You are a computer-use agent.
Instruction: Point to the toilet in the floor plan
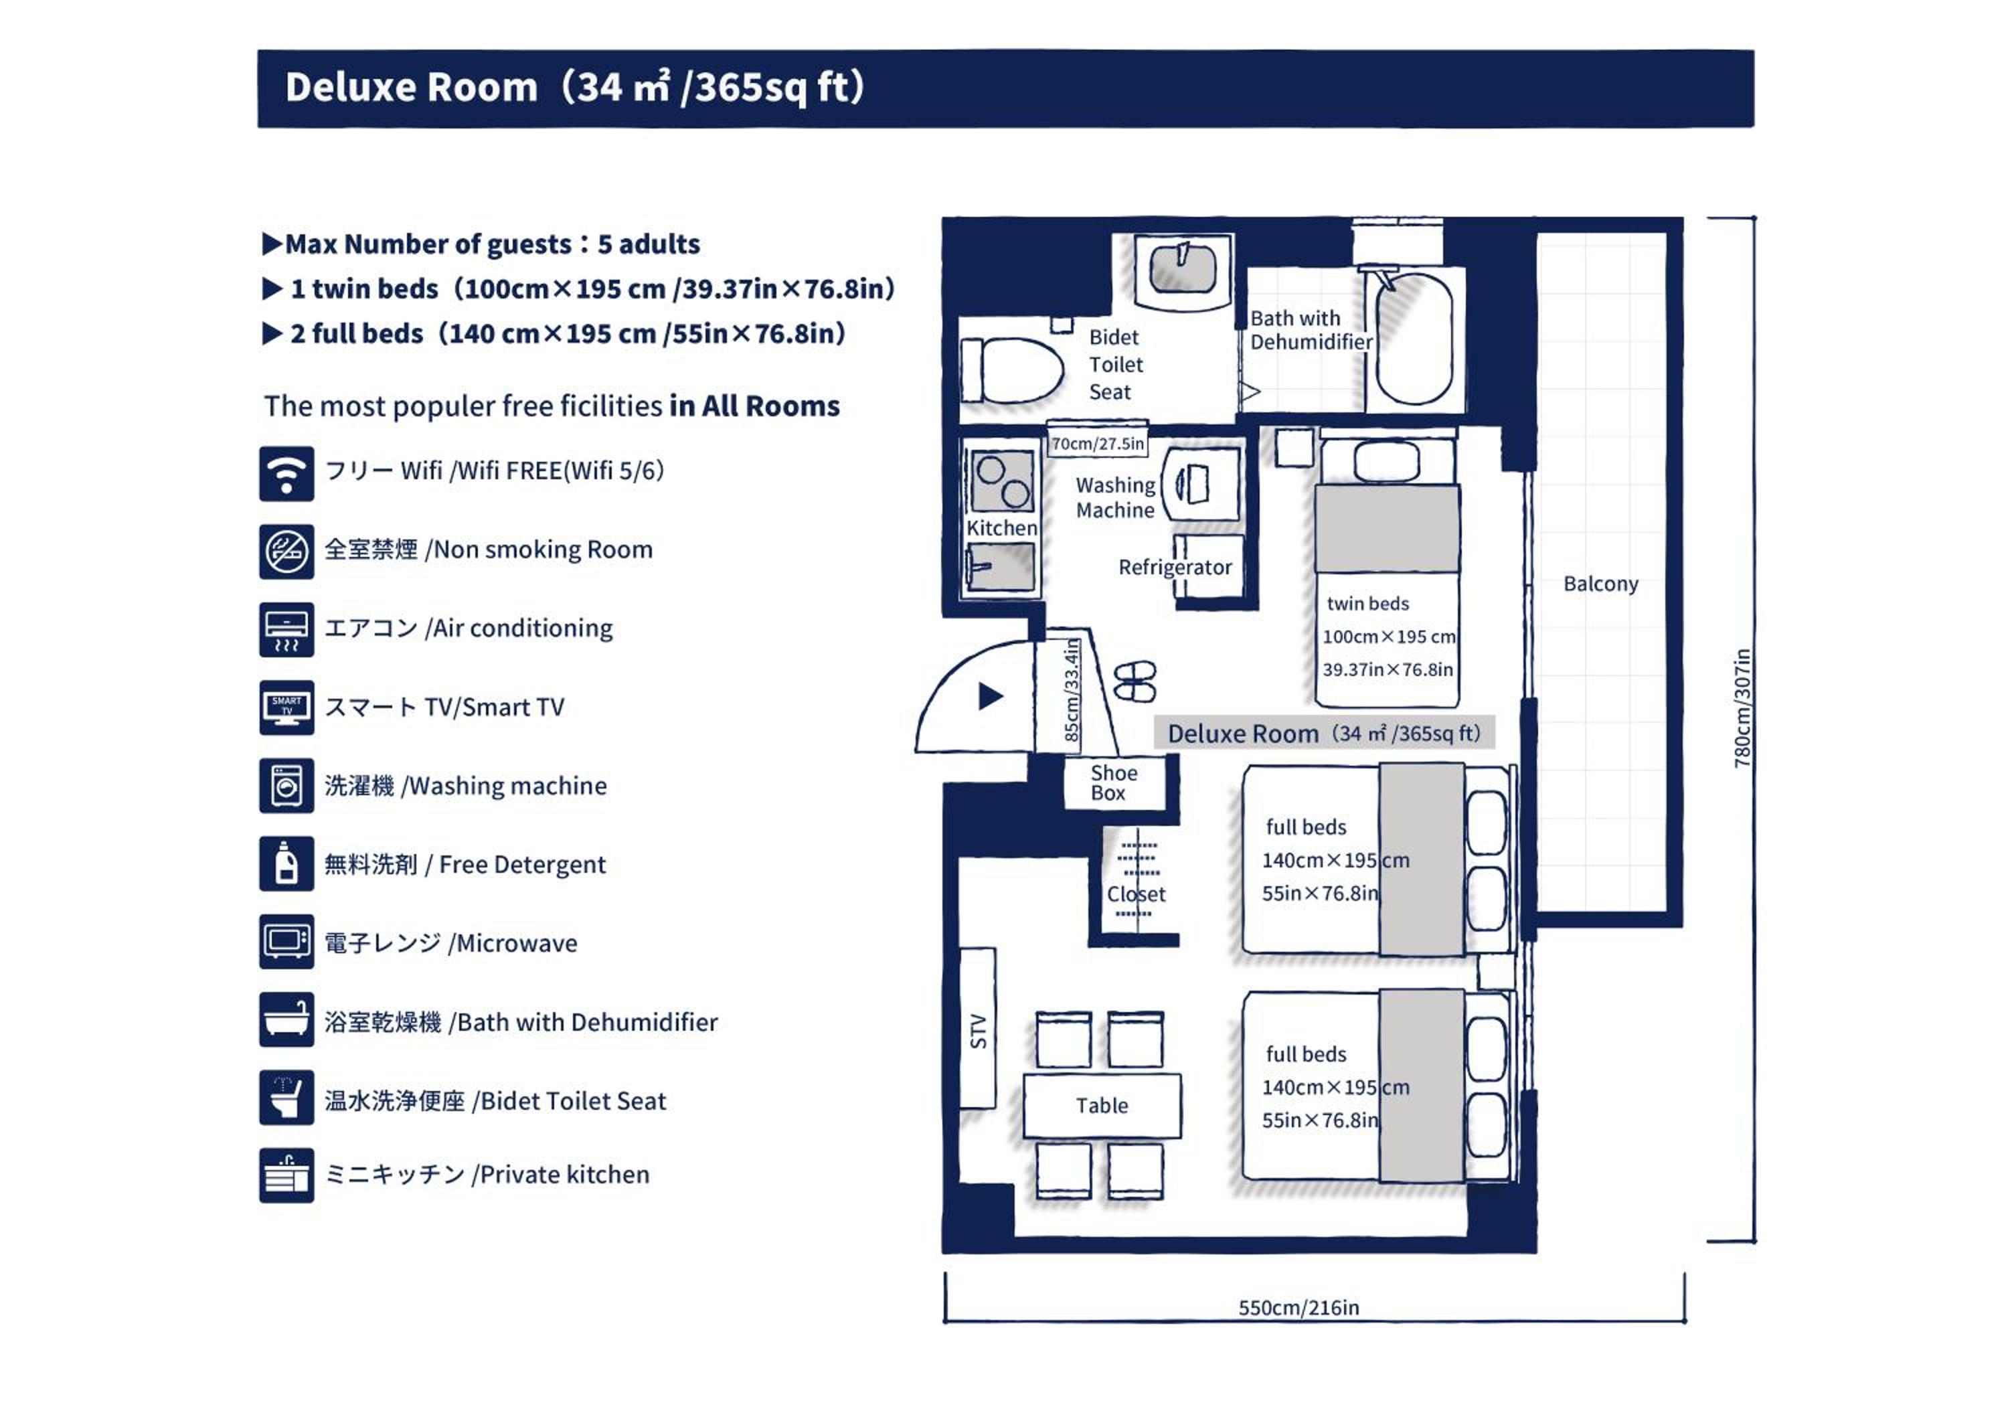tap(1012, 370)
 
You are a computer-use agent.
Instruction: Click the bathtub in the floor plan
tap(1414, 337)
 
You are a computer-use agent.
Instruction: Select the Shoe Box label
tap(1113, 782)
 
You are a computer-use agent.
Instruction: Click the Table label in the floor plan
tap(1102, 1105)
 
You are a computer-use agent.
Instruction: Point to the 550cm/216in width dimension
tap(1299, 1307)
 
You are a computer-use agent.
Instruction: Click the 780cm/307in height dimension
tap(1742, 708)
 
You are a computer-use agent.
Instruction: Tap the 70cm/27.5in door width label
tap(1098, 443)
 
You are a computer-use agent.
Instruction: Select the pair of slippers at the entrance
tap(1135, 681)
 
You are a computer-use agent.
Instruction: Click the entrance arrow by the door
tap(990, 696)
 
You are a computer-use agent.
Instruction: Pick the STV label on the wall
tap(978, 1031)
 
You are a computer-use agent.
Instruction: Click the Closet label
tap(1136, 894)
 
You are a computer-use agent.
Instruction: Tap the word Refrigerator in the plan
tap(1175, 568)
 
